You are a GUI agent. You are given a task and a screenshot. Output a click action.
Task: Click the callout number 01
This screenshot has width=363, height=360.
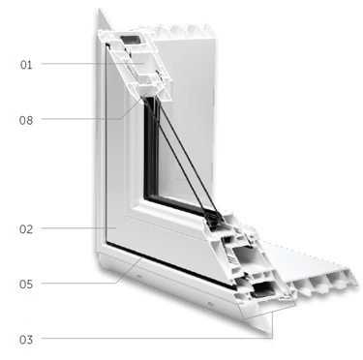coord(26,65)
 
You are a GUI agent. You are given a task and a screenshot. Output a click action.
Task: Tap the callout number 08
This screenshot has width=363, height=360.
coord(26,121)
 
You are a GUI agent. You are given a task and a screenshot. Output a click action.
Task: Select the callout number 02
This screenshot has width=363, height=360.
coord(26,229)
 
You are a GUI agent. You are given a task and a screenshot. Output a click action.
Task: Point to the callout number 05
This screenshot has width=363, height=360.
coord(26,285)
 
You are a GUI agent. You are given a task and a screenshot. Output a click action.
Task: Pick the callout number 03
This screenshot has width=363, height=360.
coord(26,340)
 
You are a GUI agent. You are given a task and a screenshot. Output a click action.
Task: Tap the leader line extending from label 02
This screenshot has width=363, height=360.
coord(78,228)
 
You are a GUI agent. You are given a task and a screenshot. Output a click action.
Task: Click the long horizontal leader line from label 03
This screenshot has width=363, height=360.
coord(157,339)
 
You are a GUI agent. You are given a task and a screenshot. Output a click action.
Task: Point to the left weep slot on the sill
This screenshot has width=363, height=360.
coord(139,276)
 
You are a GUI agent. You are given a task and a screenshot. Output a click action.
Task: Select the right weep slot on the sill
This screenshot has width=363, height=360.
coord(211,304)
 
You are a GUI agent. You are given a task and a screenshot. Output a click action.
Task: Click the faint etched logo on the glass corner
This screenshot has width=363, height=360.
coord(168,187)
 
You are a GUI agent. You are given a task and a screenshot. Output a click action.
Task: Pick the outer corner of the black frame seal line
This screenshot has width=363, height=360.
coord(106,242)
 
